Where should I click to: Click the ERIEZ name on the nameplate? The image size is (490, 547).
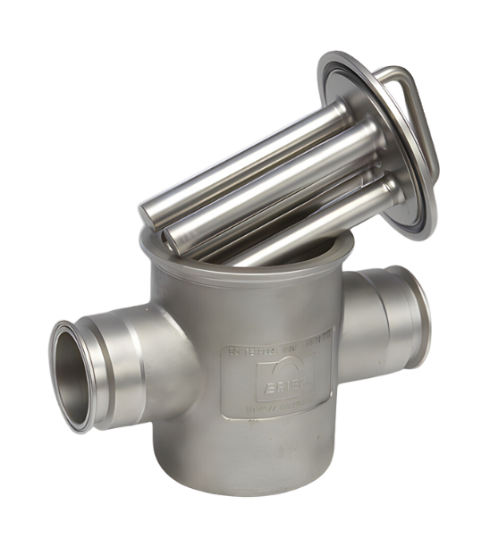[x=280, y=379]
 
